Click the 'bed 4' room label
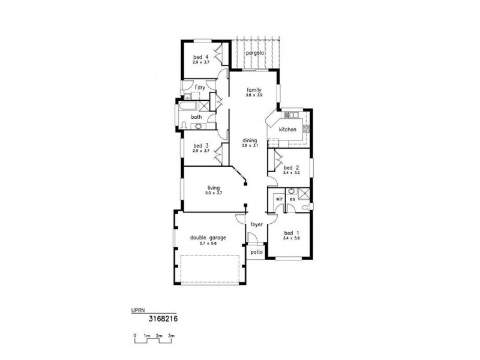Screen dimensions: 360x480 pyautogui.click(x=200, y=57)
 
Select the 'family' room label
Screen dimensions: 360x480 pyautogui.click(x=253, y=90)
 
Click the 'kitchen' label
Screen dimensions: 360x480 pyautogui.click(x=287, y=130)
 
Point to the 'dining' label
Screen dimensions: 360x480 pyautogui.click(x=249, y=140)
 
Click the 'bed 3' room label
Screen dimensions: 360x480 pyautogui.click(x=200, y=146)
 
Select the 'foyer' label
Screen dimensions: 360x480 pyautogui.click(x=257, y=224)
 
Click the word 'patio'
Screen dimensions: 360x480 pyautogui.click(x=257, y=253)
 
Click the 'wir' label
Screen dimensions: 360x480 pyautogui.click(x=278, y=199)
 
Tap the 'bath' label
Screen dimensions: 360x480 pyautogui.click(x=196, y=117)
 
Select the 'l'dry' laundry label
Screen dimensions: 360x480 pyautogui.click(x=199, y=89)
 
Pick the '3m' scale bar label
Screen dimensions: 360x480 pyautogui.click(x=172, y=335)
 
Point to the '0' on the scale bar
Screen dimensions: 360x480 pyautogui.click(x=135, y=335)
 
